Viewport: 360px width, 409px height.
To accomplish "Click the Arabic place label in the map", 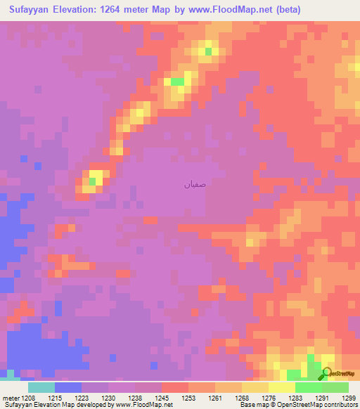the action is tap(195, 186).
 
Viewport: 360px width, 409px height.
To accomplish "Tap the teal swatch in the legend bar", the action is tap(41, 387).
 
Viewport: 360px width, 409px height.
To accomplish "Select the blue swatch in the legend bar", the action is tap(68, 387).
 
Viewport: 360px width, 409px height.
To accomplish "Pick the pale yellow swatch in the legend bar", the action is tap(282, 387).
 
